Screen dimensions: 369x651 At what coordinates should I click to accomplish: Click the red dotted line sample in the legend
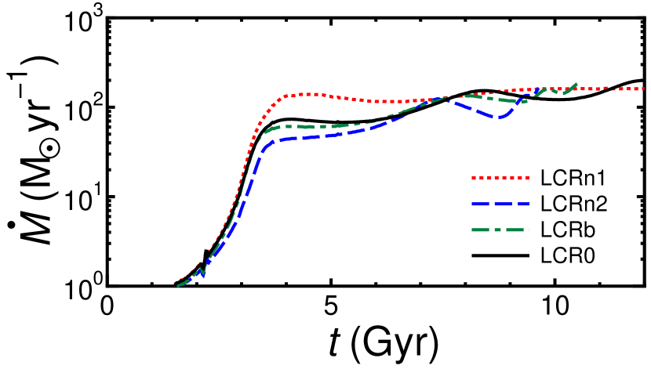(500, 179)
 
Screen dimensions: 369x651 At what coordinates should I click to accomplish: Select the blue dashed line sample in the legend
(500, 204)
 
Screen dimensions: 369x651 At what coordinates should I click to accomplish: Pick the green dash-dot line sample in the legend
(500, 230)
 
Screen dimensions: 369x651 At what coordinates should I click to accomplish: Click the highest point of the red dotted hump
(310, 94)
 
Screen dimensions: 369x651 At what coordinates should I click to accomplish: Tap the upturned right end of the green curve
(576, 84)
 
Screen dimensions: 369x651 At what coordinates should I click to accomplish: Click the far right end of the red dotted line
(643, 89)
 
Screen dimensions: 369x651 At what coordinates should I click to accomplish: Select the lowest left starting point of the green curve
(179, 286)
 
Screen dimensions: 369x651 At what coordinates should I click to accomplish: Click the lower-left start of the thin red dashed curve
(174, 283)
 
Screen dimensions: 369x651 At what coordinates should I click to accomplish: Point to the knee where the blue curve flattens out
(271, 143)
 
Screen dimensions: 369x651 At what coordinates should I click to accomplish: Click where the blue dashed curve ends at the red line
(538, 89)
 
